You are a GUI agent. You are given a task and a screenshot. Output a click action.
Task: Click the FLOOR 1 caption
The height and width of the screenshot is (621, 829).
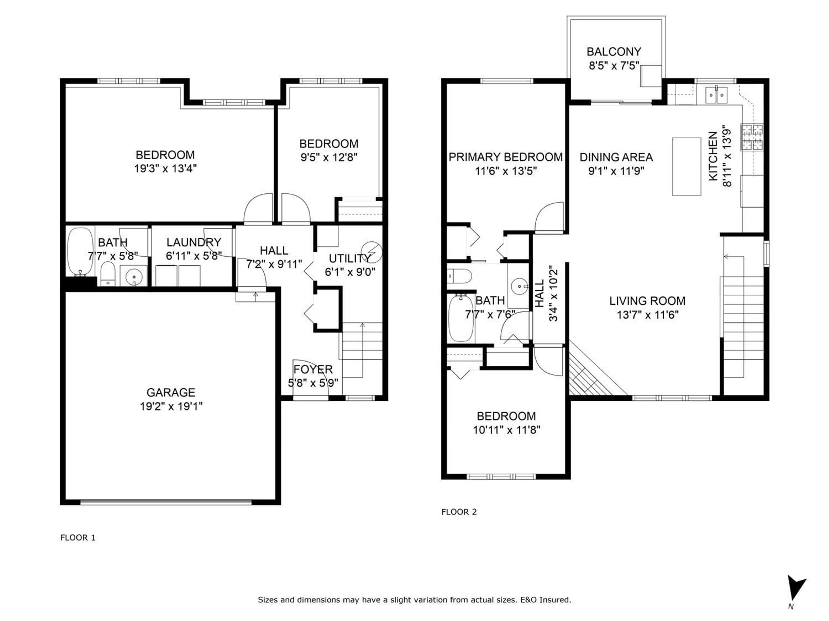click(78, 538)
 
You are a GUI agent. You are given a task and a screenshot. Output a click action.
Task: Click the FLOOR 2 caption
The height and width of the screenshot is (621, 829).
click(459, 512)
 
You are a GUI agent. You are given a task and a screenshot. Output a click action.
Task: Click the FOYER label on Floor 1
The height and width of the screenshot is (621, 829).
click(313, 369)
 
